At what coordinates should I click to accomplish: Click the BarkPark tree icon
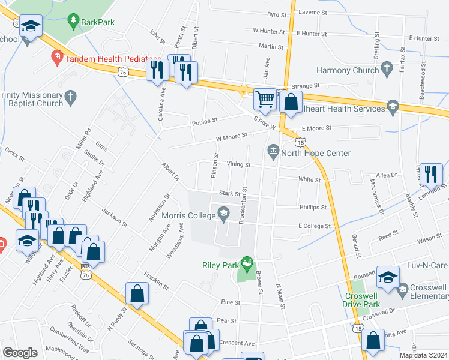point(74,22)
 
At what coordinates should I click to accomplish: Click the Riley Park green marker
point(246,263)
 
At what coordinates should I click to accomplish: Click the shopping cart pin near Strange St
point(265,99)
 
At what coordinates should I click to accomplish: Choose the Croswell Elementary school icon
point(403,289)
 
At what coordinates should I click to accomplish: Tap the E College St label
point(315,226)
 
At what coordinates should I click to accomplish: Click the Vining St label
point(238,164)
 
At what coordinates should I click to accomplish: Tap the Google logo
point(20,353)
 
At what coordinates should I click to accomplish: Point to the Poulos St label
point(203,122)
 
